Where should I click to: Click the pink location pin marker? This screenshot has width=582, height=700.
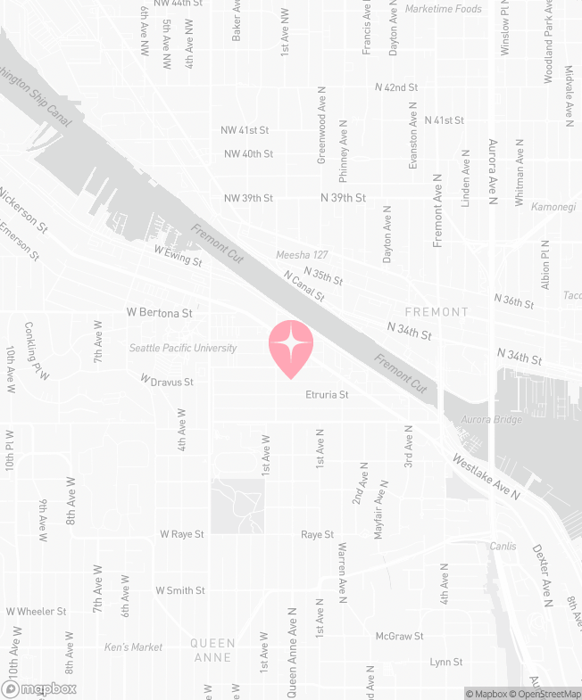[291, 347]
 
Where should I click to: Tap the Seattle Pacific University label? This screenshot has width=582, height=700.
[183, 348]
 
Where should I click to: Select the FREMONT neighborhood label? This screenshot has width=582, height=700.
[436, 312]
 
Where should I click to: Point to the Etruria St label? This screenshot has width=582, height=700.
[326, 394]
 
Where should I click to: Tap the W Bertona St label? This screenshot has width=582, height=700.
[160, 314]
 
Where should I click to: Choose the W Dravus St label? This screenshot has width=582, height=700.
[167, 382]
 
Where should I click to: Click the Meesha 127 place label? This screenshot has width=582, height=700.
[303, 255]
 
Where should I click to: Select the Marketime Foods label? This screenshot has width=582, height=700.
[444, 9]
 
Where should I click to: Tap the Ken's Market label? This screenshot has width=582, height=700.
[133, 646]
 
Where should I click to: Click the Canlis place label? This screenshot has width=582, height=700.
[503, 546]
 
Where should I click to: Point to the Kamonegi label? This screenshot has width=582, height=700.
[555, 206]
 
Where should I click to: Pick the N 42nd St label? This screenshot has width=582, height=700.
[396, 87]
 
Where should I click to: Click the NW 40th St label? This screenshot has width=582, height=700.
[247, 153]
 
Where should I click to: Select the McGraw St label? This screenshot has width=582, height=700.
[399, 636]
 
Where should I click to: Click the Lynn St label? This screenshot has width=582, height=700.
[445, 662]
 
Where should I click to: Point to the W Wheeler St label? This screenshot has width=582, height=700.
[37, 612]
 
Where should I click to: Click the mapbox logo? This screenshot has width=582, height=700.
[40, 688]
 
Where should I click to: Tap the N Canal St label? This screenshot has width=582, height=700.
[303, 286]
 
